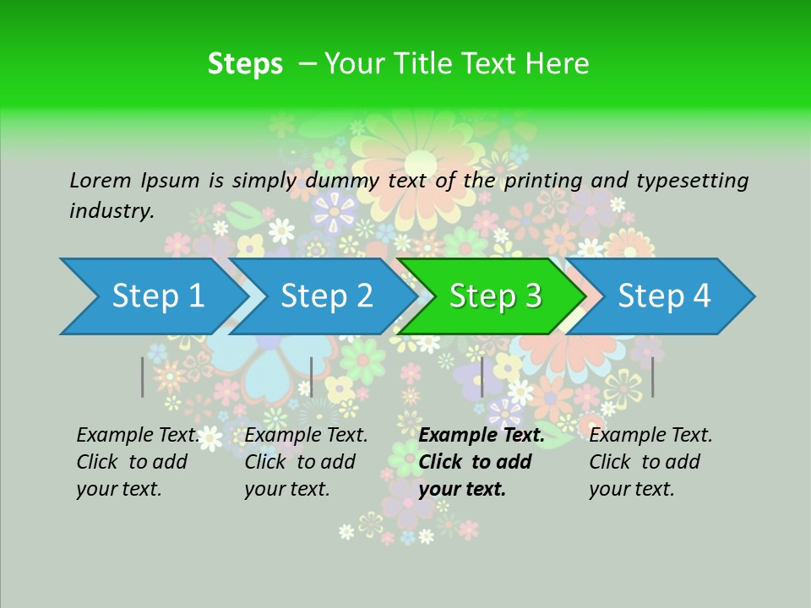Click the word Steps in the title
[245, 63]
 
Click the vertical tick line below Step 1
[143, 377]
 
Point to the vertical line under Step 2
[312, 377]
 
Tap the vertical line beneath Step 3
[482, 377]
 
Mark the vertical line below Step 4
[653, 377]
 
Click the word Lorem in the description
[100, 180]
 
